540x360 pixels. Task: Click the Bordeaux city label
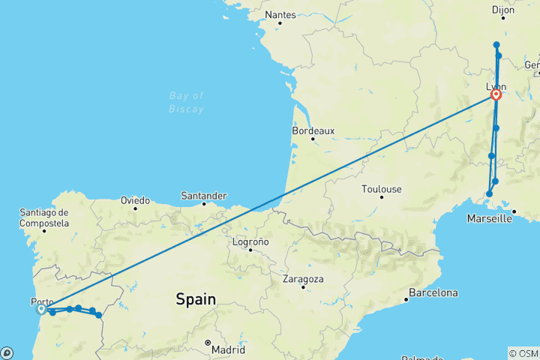[313, 130]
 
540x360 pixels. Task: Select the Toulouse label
[381, 189]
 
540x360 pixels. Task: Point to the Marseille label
[488, 219]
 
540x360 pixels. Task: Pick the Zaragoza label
[303, 279]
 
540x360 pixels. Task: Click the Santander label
[203, 195]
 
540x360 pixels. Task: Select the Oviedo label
[136, 200]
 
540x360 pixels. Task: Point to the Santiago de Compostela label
[44, 217]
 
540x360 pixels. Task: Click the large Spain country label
[196, 299]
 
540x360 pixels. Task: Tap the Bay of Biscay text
[187, 102]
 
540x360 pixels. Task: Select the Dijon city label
[502, 10]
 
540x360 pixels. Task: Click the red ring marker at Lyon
[496, 94]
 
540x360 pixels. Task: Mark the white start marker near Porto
[41, 308]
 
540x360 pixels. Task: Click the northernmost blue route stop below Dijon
[496, 45]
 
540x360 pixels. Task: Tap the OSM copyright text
[523, 353]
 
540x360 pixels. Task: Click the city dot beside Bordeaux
[313, 139]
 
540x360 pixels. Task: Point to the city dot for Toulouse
[382, 197]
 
